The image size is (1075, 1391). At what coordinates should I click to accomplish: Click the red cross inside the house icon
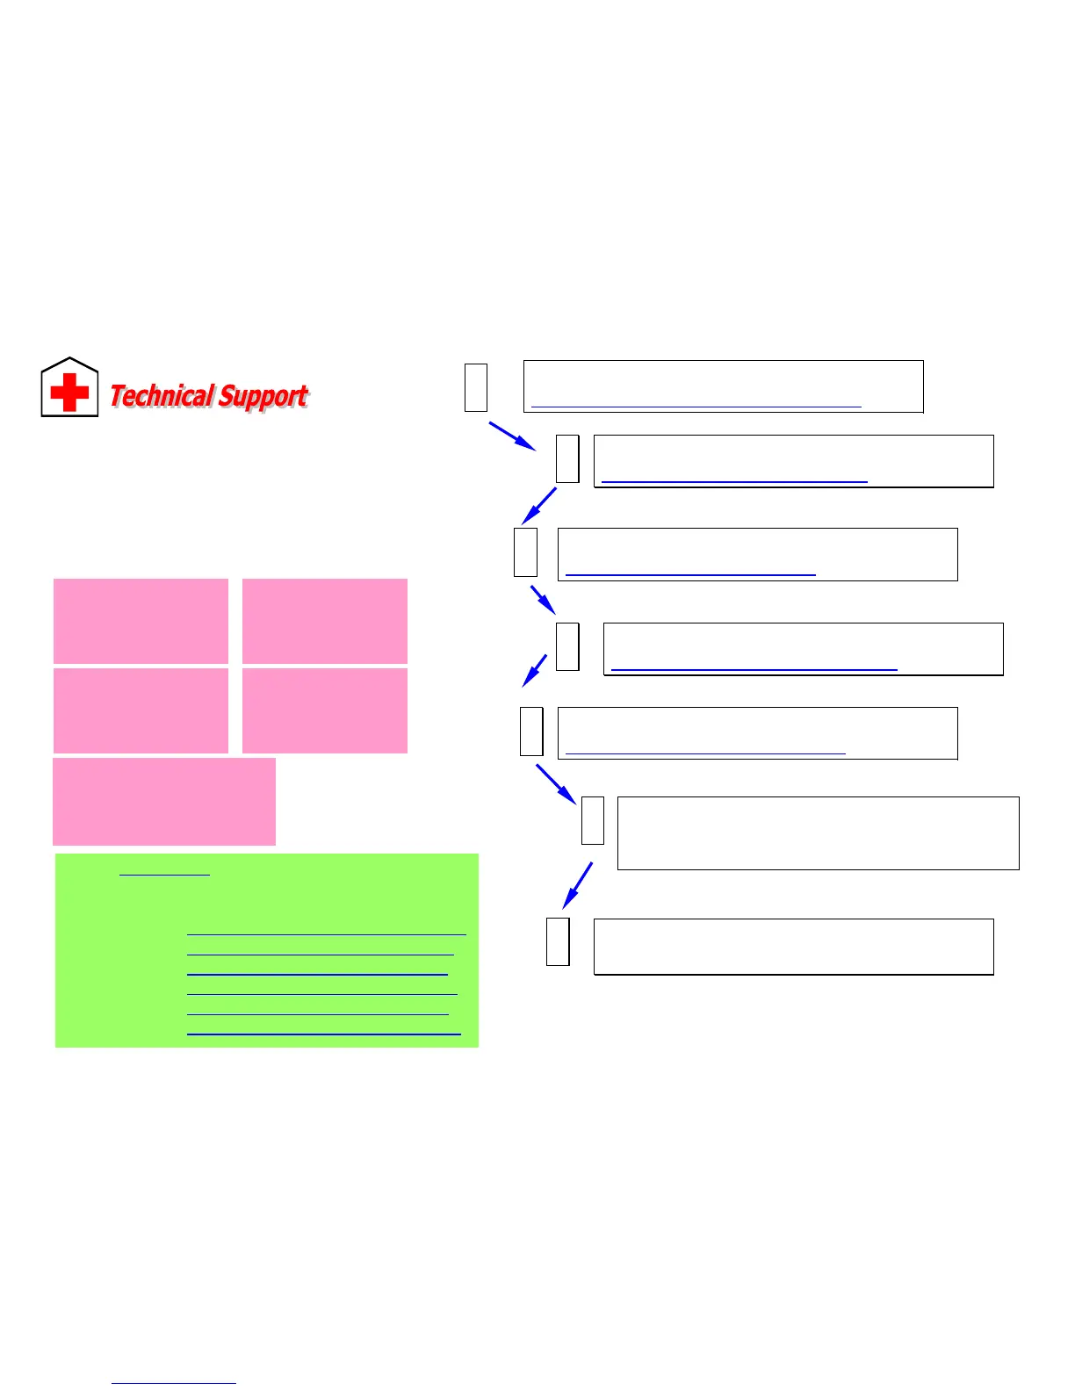tap(69, 392)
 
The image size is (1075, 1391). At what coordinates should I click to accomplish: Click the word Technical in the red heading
tap(162, 396)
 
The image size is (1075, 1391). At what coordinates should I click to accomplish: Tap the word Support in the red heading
tap(263, 396)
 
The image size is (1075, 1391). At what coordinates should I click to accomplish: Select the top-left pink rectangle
tap(141, 621)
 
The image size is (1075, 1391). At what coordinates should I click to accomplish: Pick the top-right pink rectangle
tap(324, 621)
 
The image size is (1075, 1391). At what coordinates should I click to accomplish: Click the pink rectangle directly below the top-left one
tap(141, 710)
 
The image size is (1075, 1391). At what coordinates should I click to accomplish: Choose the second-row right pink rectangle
tap(324, 710)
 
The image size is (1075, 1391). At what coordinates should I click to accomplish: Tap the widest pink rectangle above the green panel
tap(164, 801)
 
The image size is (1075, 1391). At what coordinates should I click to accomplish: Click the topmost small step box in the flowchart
tap(476, 386)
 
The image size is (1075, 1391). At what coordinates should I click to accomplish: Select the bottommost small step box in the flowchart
tap(558, 941)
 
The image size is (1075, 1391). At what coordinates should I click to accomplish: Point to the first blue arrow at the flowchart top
tap(512, 436)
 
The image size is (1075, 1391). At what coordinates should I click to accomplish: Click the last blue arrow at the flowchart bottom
tap(577, 885)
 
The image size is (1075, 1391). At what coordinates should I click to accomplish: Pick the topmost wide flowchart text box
tap(723, 386)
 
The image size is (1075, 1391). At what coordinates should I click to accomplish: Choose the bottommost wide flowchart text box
tap(793, 947)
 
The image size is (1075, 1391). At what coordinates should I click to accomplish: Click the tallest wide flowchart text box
tap(818, 832)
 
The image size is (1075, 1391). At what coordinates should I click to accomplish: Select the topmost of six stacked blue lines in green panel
tap(326, 933)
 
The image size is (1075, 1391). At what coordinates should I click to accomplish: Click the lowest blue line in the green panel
tap(323, 1034)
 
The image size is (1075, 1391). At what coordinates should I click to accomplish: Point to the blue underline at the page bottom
tap(173, 1383)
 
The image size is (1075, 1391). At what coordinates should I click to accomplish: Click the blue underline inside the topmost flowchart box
tap(696, 407)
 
